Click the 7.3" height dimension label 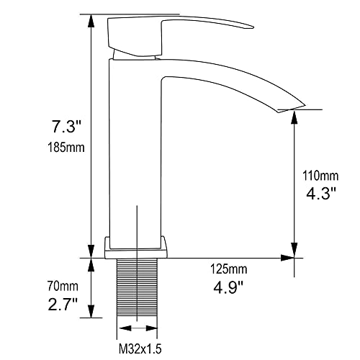point(63,126)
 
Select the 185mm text point(66,147)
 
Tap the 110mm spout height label point(320,176)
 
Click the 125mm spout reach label point(229,269)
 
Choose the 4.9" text point(228,287)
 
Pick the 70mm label point(63,286)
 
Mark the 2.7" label point(63,304)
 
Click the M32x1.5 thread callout point(140,348)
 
